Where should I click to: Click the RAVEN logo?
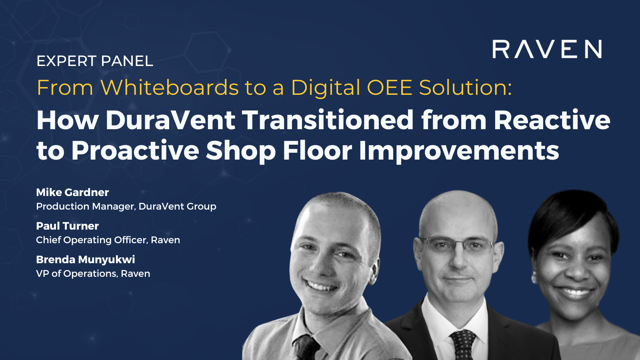click(x=547, y=49)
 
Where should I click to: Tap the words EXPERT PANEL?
click(x=95, y=61)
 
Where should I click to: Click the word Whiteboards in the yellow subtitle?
click(x=170, y=88)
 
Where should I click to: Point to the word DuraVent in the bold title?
click(x=170, y=120)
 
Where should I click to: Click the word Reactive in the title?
click(x=552, y=120)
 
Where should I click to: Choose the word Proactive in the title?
click(x=135, y=150)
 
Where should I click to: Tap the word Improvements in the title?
click(x=459, y=150)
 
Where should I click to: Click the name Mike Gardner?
click(x=72, y=192)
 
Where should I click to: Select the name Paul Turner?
click(x=67, y=226)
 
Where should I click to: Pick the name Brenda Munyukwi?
click(x=85, y=260)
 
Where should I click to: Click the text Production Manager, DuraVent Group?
click(x=126, y=206)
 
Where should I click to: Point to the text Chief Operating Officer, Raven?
click(x=108, y=240)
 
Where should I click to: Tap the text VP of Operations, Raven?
click(x=93, y=274)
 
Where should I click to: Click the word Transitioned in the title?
click(x=328, y=120)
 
